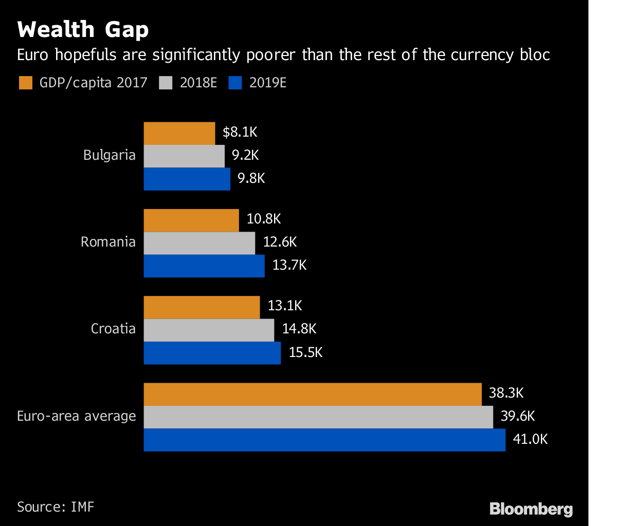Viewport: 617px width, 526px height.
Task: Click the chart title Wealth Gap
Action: [83, 30]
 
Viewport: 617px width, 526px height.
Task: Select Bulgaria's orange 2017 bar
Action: [179, 134]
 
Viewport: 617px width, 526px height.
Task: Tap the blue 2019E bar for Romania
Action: [204, 266]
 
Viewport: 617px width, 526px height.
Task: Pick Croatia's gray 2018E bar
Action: [208, 330]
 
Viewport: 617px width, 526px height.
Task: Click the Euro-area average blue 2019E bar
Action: [324, 440]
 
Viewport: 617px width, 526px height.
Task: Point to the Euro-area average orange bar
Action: [312, 394]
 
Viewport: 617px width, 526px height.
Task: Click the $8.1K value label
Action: [240, 133]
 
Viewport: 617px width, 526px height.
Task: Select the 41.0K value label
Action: [530, 440]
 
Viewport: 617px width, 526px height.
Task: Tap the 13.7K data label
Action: [289, 266]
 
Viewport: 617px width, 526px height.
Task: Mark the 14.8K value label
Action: [299, 329]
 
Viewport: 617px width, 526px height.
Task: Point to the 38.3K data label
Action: [506, 393]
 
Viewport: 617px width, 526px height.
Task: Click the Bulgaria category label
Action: [110, 155]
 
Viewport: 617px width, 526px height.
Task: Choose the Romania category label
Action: [108, 242]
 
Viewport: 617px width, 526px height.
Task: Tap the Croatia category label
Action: [113, 329]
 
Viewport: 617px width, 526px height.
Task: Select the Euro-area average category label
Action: [77, 416]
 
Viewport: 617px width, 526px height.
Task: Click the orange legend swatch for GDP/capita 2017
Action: [25, 83]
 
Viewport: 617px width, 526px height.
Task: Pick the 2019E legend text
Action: [267, 83]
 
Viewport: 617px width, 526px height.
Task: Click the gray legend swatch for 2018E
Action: [166, 83]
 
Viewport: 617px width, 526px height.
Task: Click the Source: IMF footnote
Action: [56, 507]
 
